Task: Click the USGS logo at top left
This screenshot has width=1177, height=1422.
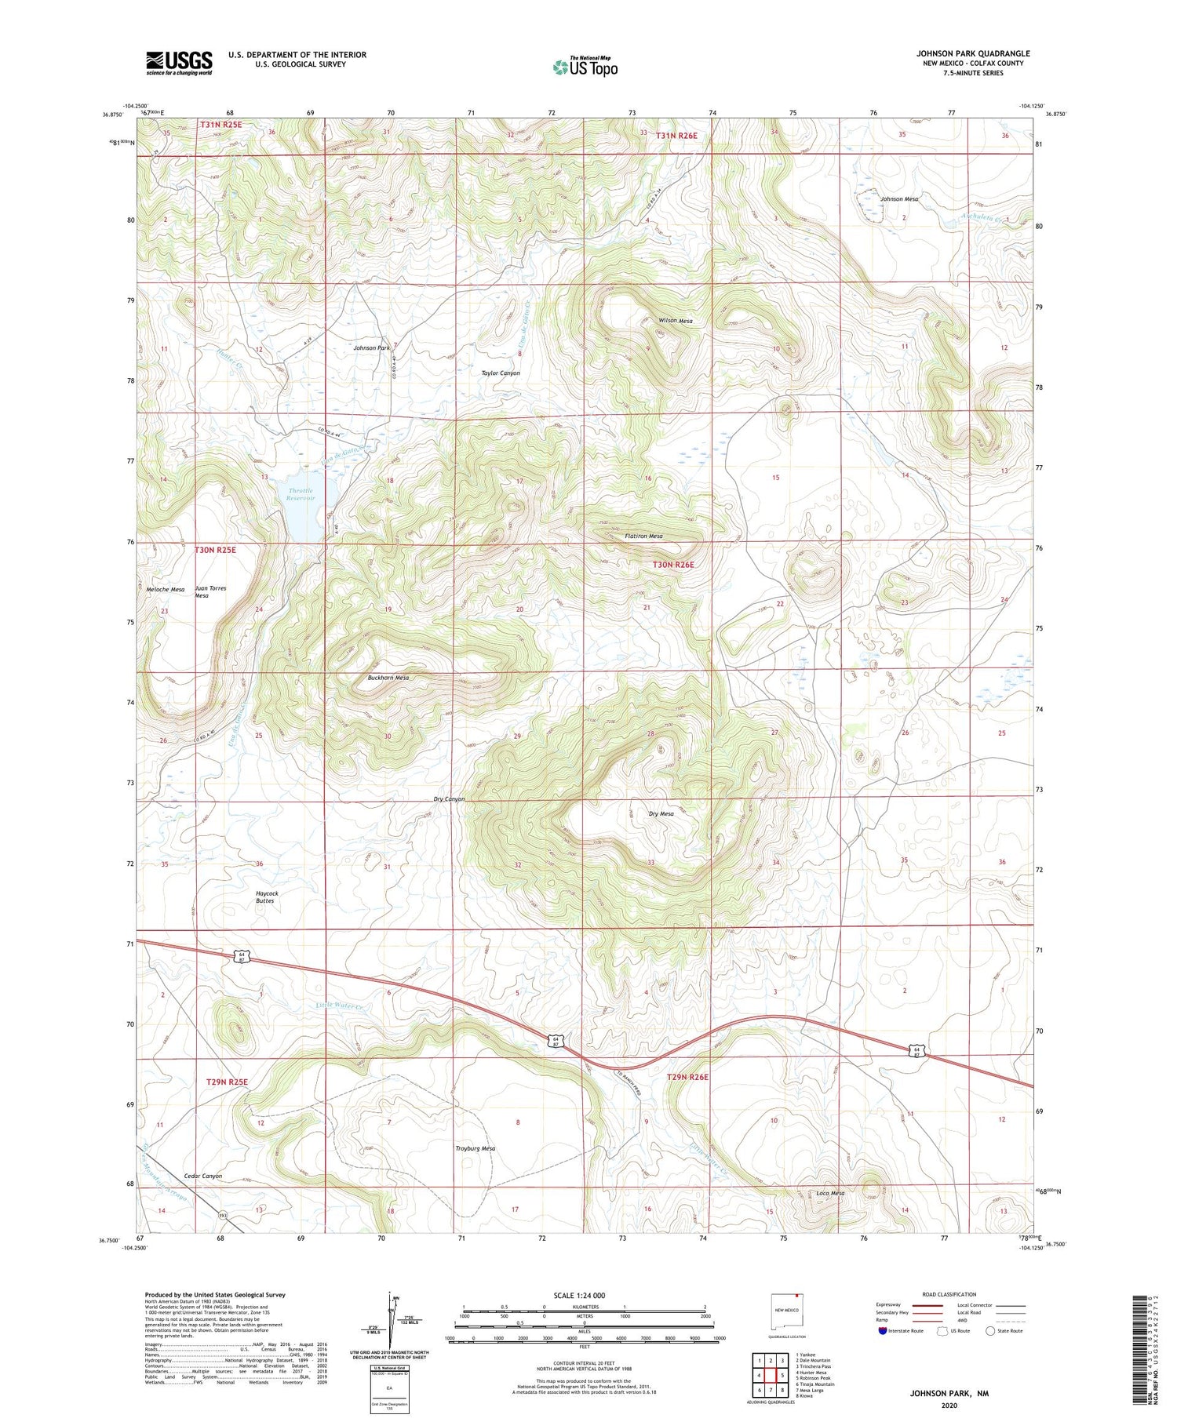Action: point(179,63)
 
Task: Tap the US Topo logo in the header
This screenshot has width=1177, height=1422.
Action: point(585,67)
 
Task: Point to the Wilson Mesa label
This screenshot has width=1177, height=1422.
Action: point(675,321)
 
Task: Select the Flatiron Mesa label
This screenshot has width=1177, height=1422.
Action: point(643,536)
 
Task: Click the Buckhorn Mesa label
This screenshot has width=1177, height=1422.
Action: point(388,678)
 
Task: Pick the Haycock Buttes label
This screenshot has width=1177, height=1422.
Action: point(267,897)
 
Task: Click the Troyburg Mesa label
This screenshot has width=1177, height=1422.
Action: point(475,1148)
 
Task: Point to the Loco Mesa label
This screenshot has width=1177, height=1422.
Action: point(830,1194)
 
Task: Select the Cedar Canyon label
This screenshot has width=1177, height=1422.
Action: point(202,1176)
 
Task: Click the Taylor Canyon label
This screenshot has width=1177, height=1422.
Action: point(500,373)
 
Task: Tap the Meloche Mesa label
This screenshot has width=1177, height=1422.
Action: point(165,589)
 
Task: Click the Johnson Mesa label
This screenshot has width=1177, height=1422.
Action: point(898,199)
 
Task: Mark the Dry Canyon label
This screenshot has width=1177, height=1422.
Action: point(449,799)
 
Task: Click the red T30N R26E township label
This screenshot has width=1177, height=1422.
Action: point(673,564)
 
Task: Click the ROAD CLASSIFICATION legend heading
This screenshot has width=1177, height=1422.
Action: point(949,1294)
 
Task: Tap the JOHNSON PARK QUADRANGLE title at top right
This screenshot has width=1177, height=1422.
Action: point(973,53)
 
